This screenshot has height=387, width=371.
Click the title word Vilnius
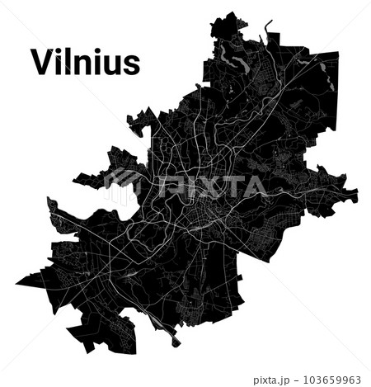(85, 61)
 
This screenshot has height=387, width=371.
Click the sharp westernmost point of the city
(16, 283)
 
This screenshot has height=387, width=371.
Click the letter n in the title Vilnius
(83, 64)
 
